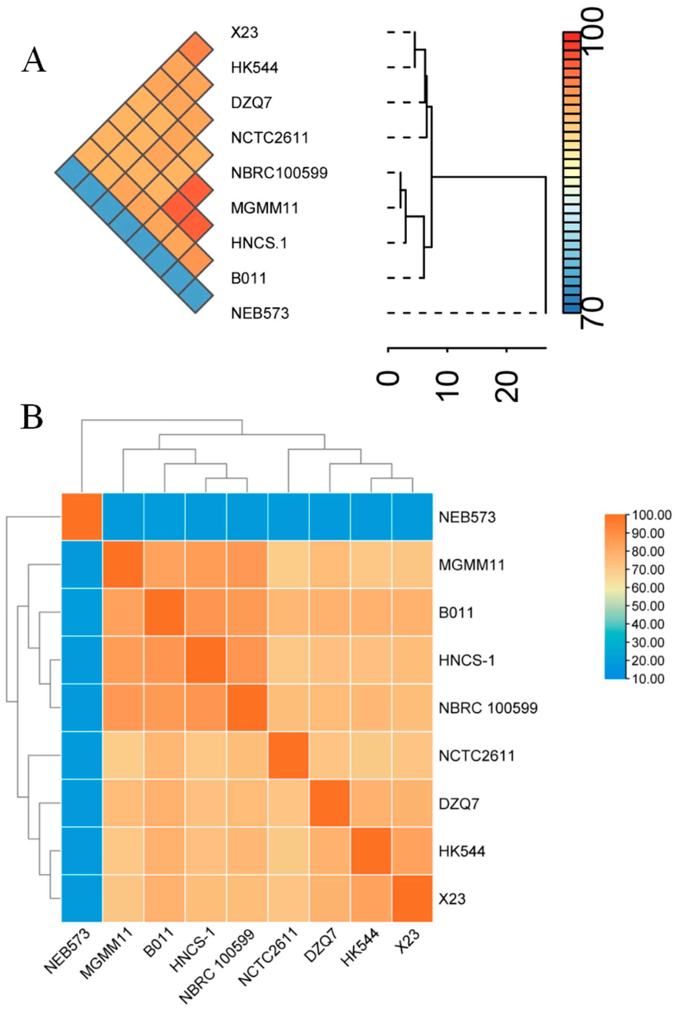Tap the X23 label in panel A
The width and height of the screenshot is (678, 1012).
[x=244, y=33]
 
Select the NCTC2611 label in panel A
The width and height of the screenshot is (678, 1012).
[x=270, y=138]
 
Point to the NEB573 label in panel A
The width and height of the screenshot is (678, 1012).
[x=260, y=313]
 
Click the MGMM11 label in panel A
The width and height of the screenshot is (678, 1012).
[x=265, y=208]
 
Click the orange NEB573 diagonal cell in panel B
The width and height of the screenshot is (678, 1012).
[x=82, y=517]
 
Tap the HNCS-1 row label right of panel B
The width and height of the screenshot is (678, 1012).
[x=467, y=660]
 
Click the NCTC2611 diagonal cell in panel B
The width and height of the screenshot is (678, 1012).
[x=288, y=756]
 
